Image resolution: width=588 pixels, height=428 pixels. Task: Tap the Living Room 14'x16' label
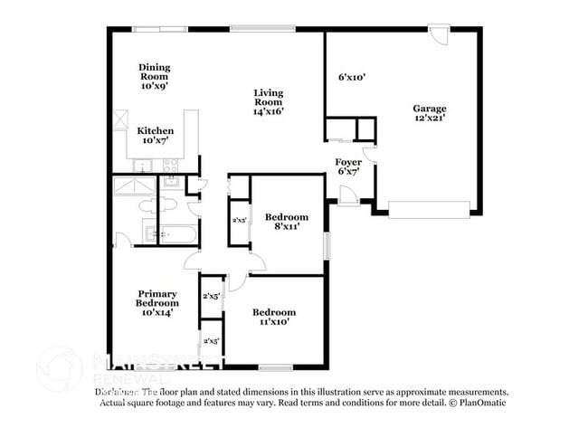(269, 102)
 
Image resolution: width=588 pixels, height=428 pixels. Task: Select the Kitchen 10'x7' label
(156, 136)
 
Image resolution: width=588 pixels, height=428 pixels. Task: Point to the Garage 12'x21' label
(431, 113)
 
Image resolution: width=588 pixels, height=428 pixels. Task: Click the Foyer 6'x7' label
(349, 166)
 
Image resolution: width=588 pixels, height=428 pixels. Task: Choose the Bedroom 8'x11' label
(286, 222)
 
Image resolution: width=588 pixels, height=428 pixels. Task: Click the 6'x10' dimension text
(351, 78)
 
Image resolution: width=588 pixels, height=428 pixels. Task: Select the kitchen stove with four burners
(169, 166)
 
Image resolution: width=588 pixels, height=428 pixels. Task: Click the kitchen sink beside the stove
(142, 166)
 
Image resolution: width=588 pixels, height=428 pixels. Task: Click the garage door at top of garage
(438, 35)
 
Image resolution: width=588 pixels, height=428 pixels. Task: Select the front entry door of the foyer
(347, 195)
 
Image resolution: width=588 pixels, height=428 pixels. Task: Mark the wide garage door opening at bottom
(430, 214)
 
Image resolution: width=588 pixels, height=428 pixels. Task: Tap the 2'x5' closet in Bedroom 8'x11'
(240, 221)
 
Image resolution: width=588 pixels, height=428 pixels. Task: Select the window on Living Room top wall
(256, 29)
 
